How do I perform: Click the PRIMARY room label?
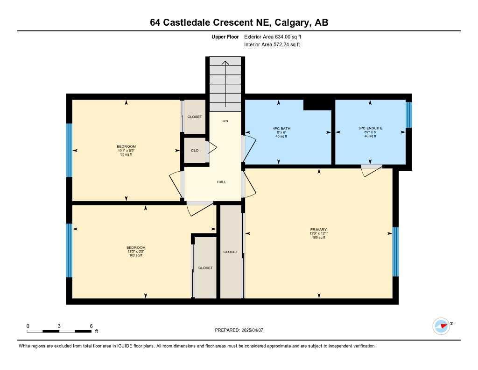click(319, 229)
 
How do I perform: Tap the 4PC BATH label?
click(279, 128)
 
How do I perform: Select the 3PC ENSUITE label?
click(370, 128)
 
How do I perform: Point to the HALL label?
click(221, 182)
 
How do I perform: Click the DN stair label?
click(225, 121)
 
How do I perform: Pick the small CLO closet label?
click(195, 151)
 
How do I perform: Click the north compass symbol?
click(441, 326)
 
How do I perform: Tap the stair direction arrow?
click(225, 82)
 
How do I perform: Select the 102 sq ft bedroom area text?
click(136, 255)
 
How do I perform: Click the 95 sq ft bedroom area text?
click(126, 154)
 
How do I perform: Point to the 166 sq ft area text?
click(319, 238)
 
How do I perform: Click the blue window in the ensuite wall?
click(409, 115)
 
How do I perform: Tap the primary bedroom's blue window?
click(395, 252)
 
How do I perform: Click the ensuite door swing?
click(372, 170)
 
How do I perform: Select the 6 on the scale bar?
click(91, 326)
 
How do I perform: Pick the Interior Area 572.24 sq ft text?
click(272, 45)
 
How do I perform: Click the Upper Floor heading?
click(225, 36)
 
